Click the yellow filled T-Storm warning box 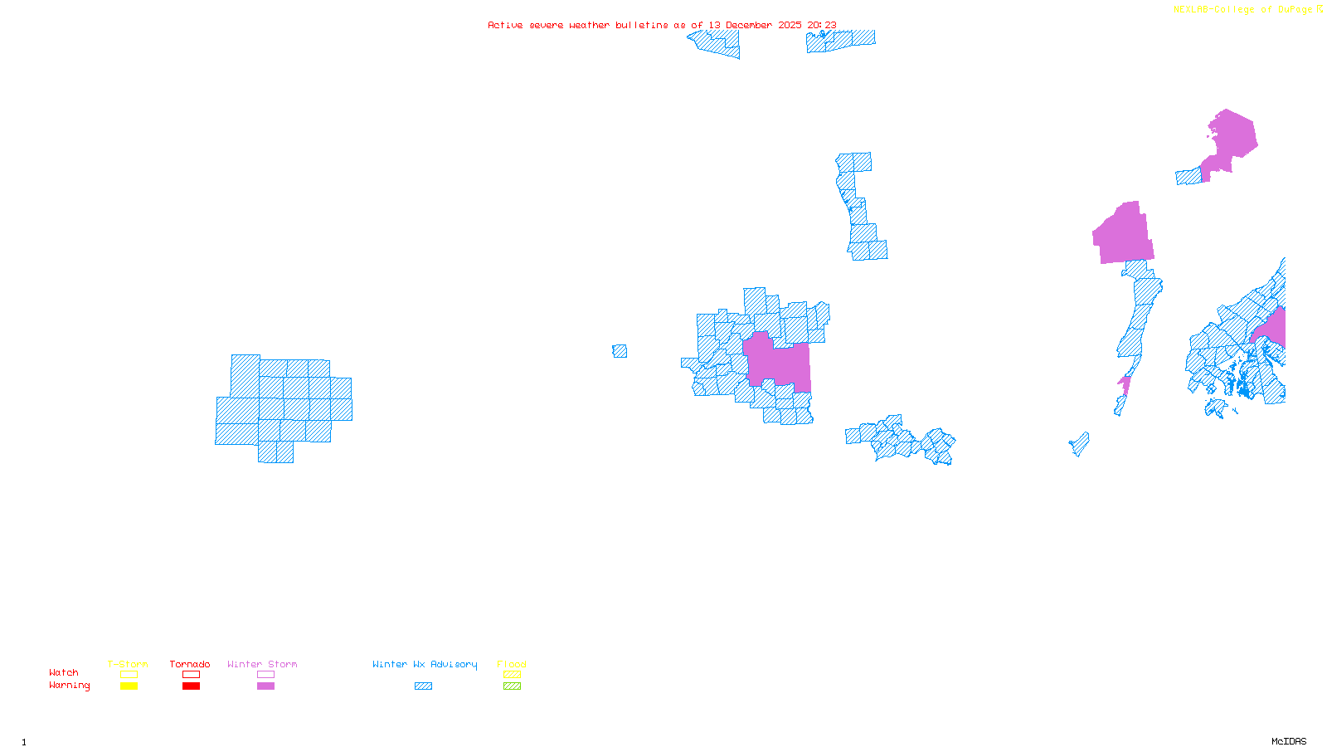(129, 686)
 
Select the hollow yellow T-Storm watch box (129, 675)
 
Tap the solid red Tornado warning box (191, 686)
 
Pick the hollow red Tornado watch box (191, 675)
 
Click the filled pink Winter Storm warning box (265, 686)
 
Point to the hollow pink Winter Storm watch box (265, 675)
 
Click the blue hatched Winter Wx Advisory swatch (423, 686)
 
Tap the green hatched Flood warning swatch (512, 686)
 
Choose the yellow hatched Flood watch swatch (512, 675)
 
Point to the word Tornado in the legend (190, 664)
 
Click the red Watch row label (64, 673)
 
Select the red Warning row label (70, 686)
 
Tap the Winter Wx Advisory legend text (425, 664)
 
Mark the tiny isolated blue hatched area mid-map (620, 351)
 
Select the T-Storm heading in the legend (128, 664)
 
